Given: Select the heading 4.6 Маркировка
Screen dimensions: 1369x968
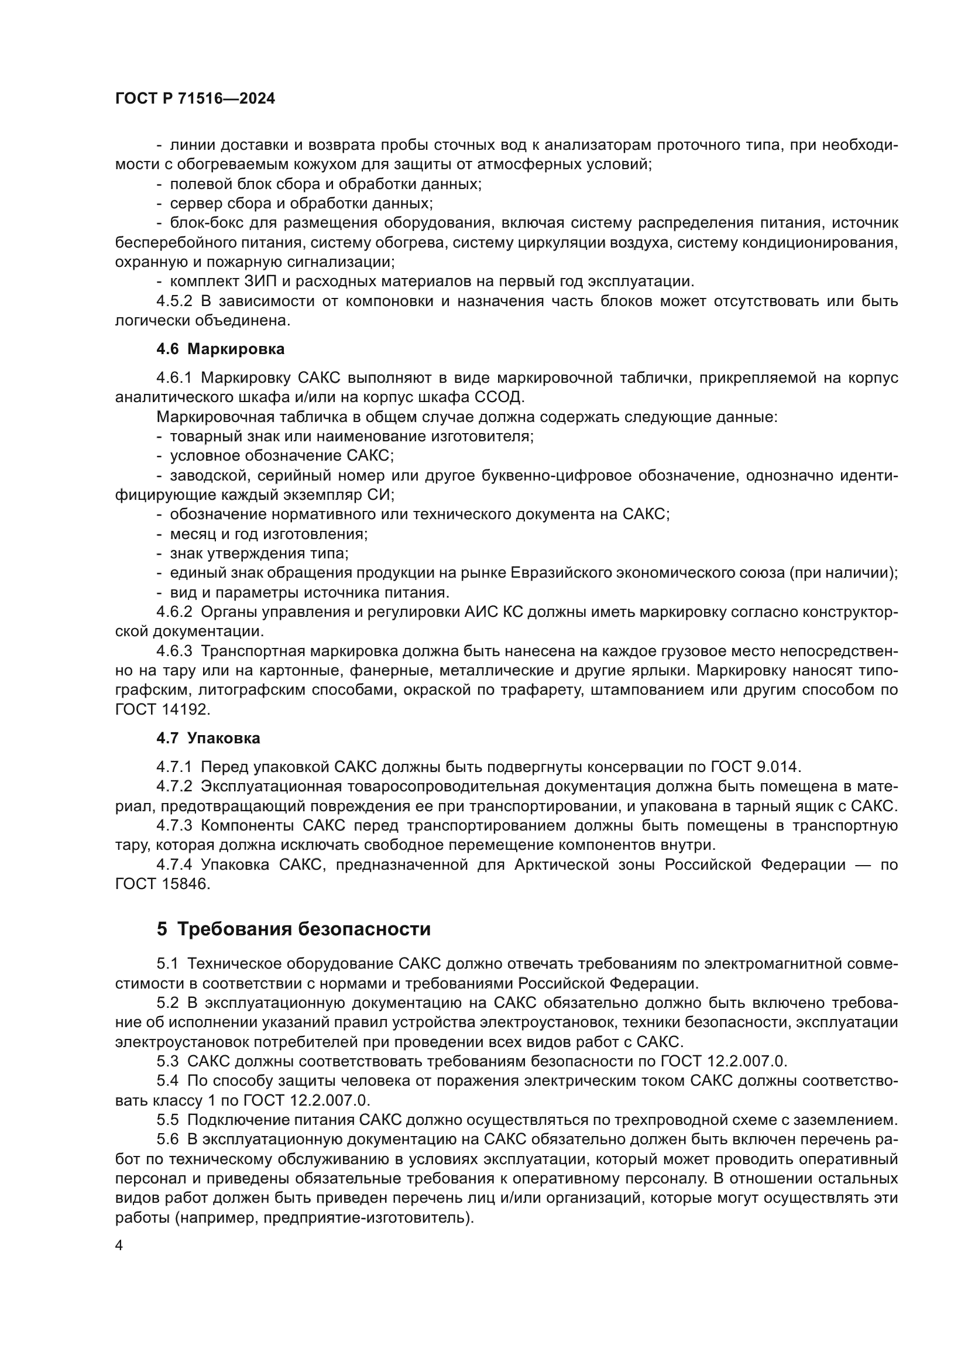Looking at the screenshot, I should click(x=220, y=349).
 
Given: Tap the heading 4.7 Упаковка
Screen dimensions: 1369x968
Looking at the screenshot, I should click(x=208, y=738).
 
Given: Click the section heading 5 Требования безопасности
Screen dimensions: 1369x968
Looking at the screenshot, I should click(x=293, y=929).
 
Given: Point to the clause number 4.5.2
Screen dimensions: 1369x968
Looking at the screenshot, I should click(x=174, y=301).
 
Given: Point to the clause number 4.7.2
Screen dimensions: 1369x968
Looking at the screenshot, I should click(x=174, y=787).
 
